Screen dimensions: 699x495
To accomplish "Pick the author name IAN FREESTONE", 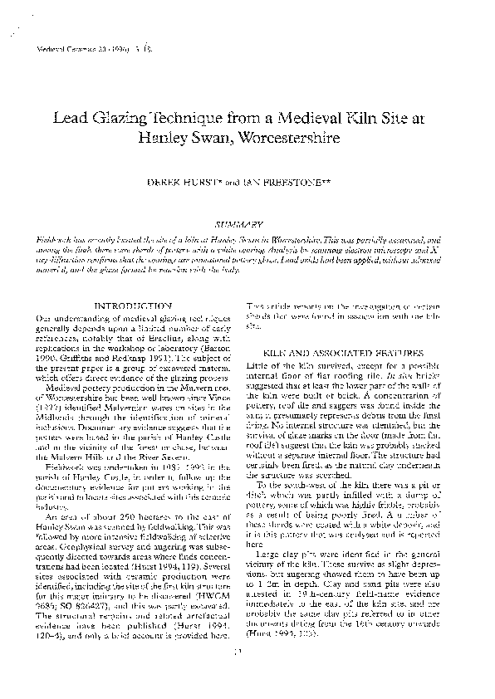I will coord(282,179).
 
